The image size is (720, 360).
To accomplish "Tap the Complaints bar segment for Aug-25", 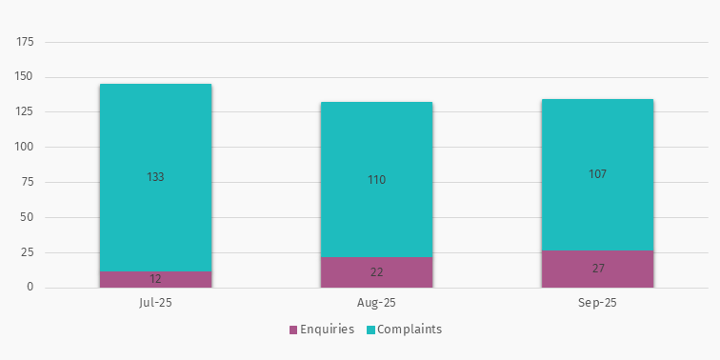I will tap(376, 143).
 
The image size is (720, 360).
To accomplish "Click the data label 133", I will tap(155, 177).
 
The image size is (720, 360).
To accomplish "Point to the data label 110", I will tap(376, 180).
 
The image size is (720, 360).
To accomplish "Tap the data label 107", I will tap(597, 174).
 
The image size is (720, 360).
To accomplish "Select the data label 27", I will tap(597, 269).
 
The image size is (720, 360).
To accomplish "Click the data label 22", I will tap(376, 272).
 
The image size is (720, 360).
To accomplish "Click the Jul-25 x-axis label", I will tap(155, 303).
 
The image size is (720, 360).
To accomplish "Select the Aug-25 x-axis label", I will tap(376, 303).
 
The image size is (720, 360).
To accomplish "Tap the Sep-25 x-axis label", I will tap(597, 303).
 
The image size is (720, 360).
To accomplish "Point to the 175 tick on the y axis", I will tap(25, 42).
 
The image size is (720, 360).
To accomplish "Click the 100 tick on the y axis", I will tap(25, 147).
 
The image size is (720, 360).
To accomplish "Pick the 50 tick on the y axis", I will tap(28, 217).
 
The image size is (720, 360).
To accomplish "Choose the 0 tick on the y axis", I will tap(30, 288).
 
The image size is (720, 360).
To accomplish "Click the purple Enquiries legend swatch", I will tap(293, 330).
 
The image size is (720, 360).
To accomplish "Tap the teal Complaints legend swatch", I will tap(370, 330).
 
